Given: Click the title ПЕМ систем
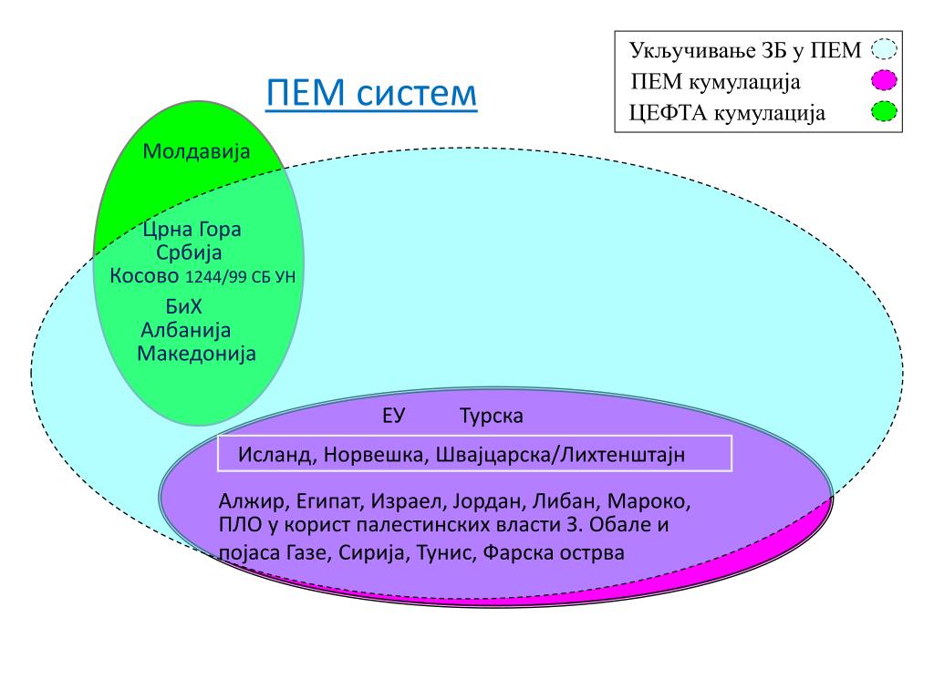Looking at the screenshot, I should [x=371, y=93].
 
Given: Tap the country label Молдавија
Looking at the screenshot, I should [x=196, y=151].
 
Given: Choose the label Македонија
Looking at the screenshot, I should [x=196, y=353].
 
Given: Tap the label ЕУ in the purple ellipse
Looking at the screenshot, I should [x=393, y=417].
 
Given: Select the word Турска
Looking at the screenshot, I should [x=492, y=417].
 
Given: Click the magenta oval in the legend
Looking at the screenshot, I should [x=883, y=81].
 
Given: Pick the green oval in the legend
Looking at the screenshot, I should [x=883, y=112].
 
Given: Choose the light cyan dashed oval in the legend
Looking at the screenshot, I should [x=884, y=49].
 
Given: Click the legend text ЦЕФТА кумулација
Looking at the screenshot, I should [x=727, y=113].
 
